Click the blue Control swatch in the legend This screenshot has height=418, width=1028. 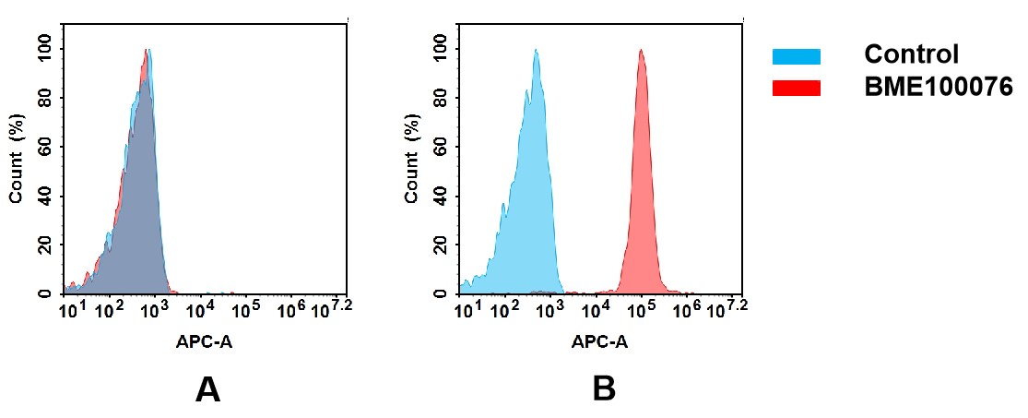796,56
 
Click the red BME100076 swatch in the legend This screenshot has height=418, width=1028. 796,88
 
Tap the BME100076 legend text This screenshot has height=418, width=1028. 938,88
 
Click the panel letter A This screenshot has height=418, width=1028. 207,390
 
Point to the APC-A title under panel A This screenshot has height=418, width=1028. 204,341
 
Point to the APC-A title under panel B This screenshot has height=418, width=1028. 599,341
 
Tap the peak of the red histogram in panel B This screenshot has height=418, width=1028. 641,51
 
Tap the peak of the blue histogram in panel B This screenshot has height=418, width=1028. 536,51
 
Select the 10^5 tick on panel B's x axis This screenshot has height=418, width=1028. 640,310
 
